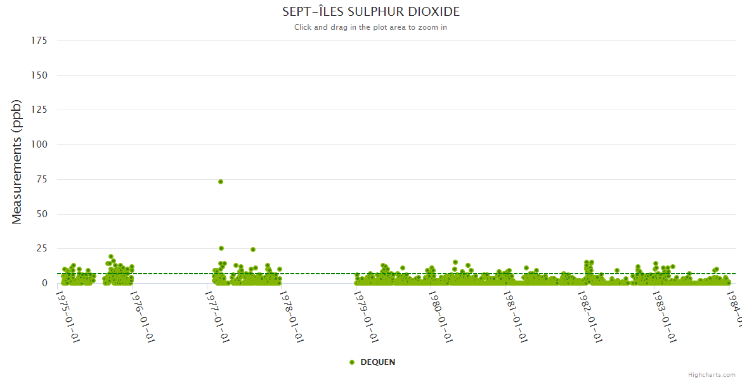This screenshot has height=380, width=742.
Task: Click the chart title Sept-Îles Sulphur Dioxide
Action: pos(371,12)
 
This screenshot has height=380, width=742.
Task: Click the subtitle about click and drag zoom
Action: pos(370,27)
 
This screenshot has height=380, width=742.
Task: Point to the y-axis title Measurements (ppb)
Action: pos(17,161)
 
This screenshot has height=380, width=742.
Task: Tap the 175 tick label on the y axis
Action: pos(39,41)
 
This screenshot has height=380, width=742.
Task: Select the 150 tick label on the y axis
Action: pos(39,75)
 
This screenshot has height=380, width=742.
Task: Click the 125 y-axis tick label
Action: pos(39,110)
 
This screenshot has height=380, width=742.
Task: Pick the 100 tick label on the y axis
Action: pos(39,144)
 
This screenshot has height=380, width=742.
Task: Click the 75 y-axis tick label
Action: pos(42,179)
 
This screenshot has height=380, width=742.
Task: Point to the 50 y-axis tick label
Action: pos(42,214)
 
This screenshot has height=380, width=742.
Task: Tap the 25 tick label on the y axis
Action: pos(42,248)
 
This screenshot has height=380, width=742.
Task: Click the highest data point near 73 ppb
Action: pos(221,182)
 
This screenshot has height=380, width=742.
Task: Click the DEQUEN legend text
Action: pos(377,362)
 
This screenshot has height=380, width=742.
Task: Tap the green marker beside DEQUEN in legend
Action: pos(352,362)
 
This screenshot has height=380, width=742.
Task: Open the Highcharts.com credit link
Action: pos(712,375)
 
